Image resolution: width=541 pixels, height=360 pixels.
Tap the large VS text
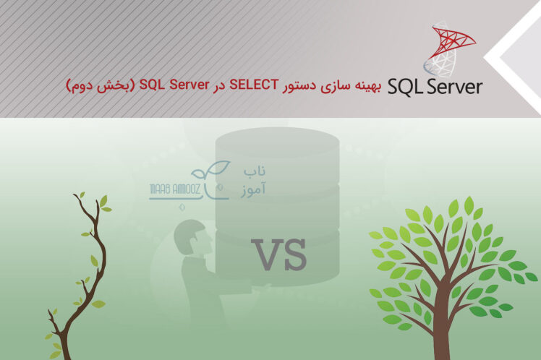point(279,254)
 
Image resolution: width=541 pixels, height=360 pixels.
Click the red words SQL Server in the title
point(175,85)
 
